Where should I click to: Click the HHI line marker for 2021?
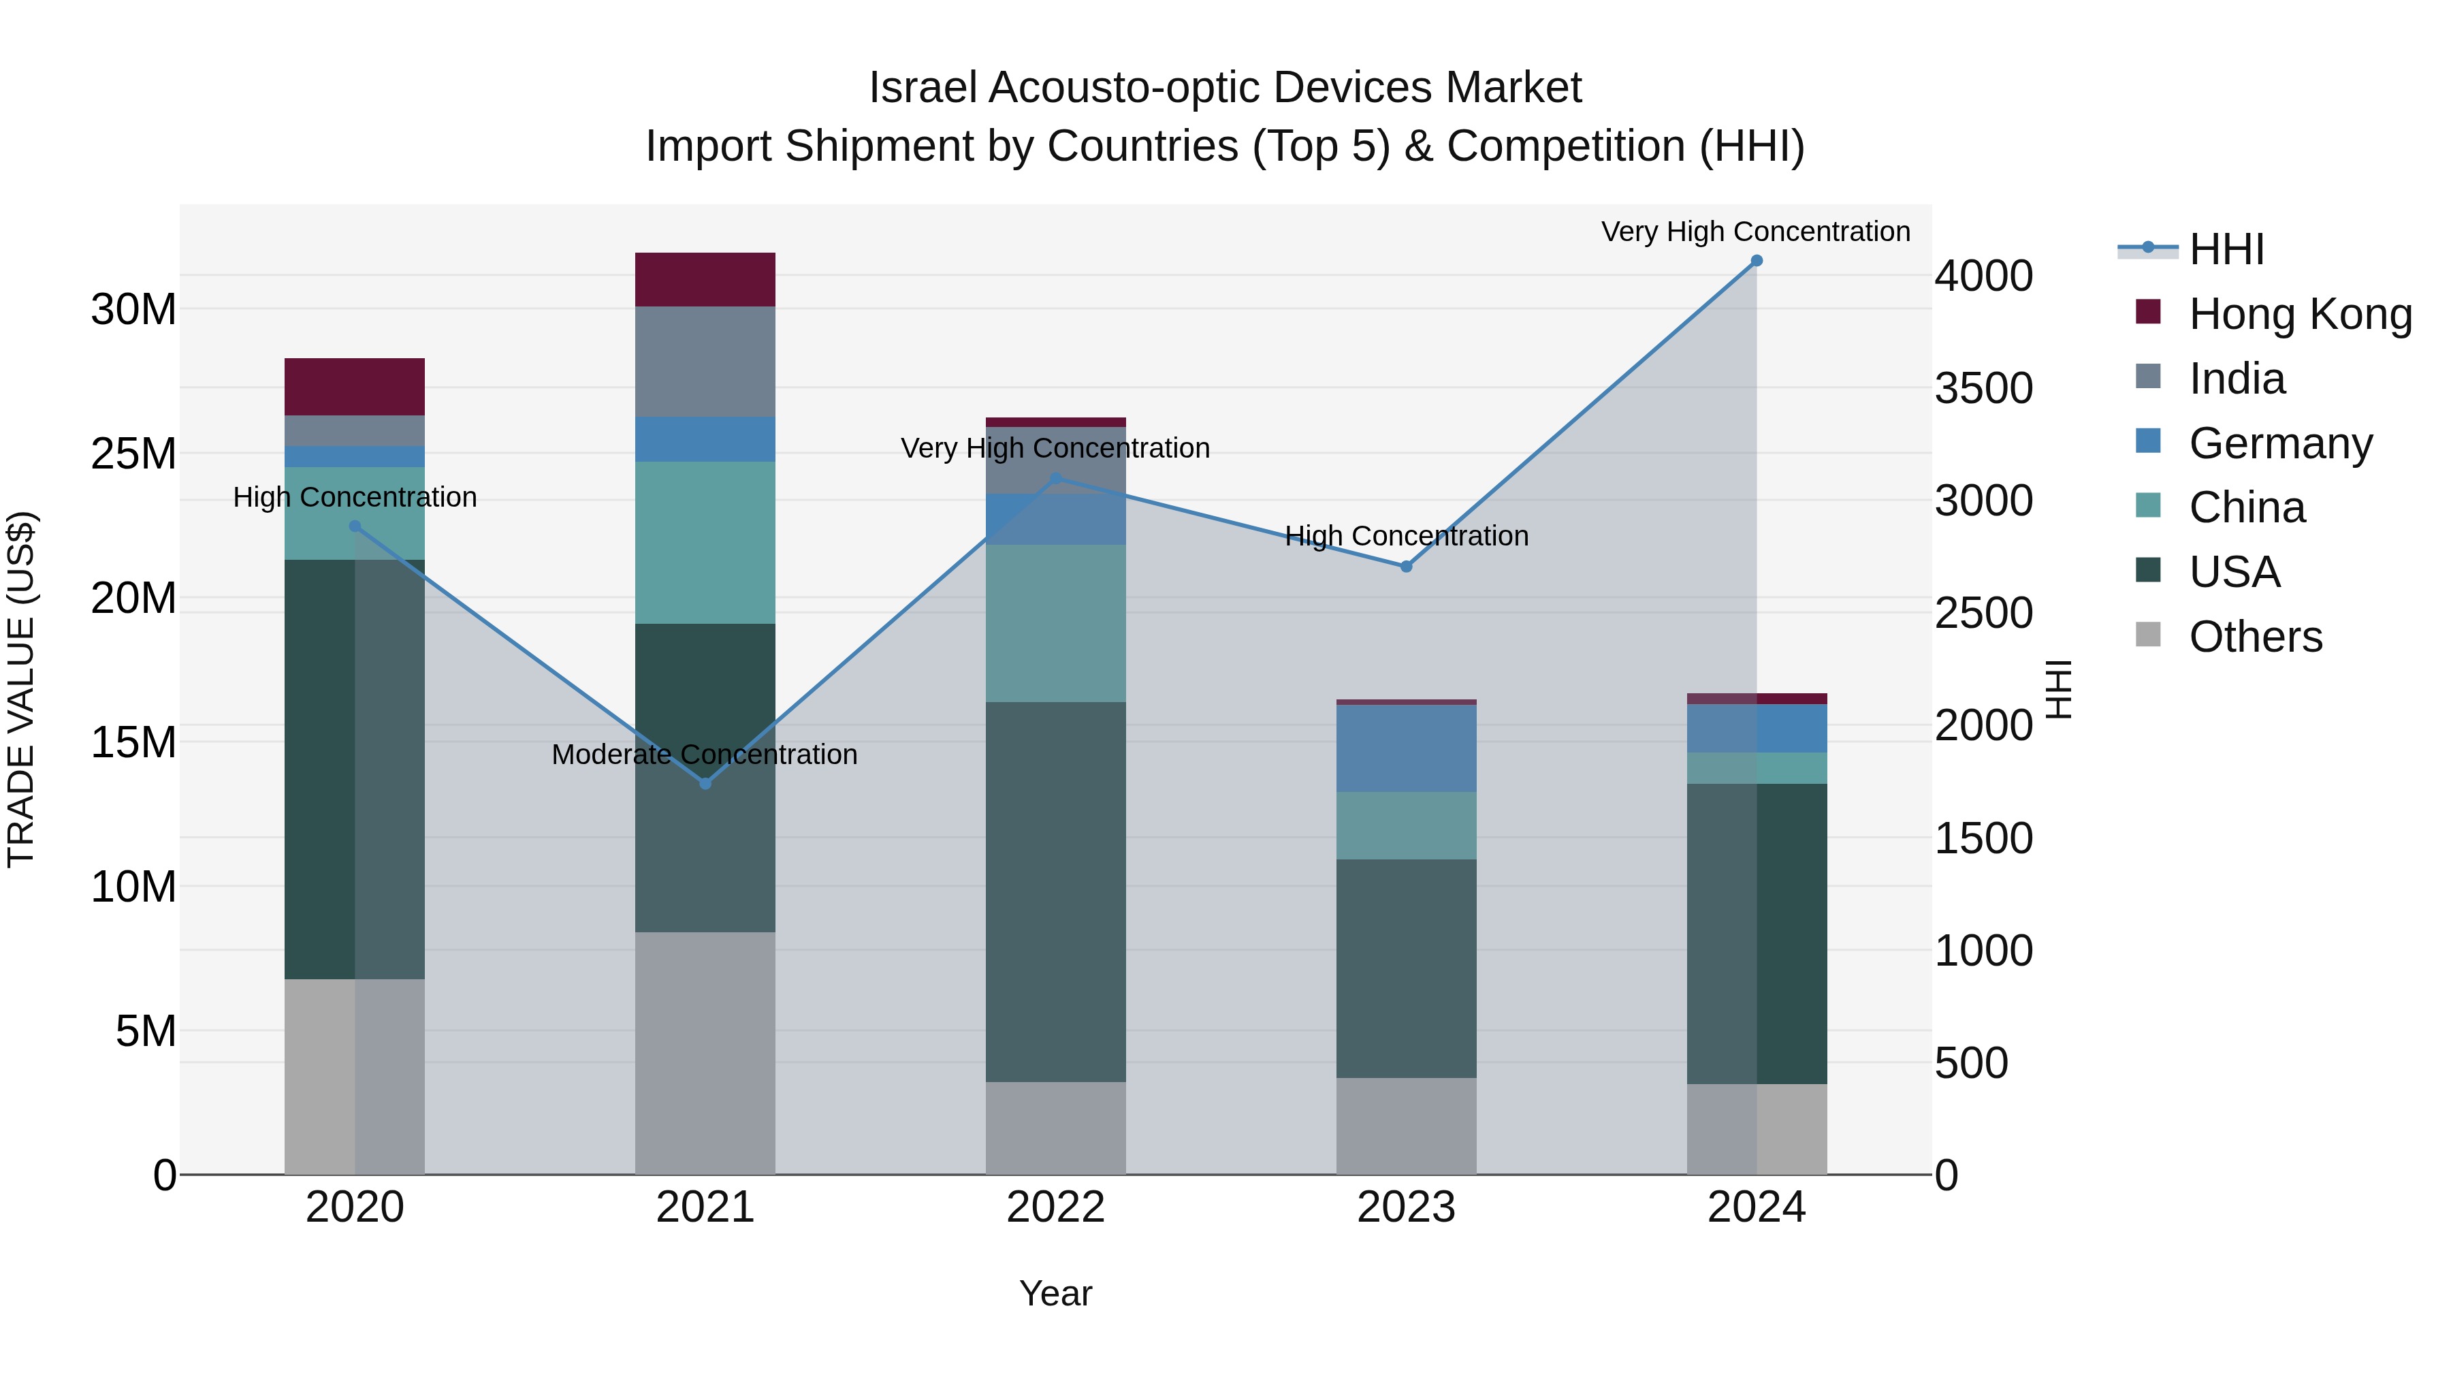click(x=705, y=783)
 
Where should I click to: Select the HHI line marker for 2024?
click(x=1757, y=261)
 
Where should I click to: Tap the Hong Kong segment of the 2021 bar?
click(x=705, y=280)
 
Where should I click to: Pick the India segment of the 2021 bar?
click(x=705, y=362)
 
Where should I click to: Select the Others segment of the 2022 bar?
click(x=1055, y=1128)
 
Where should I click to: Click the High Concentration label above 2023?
click(x=1407, y=536)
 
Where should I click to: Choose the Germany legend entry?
click(x=2279, y=443)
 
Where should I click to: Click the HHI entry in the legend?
click(x=2226, y=249)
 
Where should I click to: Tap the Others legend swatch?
click(x=2149, y=635)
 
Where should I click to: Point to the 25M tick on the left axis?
click(x=133, y=454)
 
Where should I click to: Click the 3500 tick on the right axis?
click(x=1984, y=388)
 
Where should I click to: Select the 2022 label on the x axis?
click(x=1055, y=1207)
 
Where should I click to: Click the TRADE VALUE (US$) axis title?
click(x=21, y=689)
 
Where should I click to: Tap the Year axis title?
click(x=1055, y=1293)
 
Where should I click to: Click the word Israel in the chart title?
click(x=923, y=88)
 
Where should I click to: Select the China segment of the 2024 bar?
click(x=1757, y=768)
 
